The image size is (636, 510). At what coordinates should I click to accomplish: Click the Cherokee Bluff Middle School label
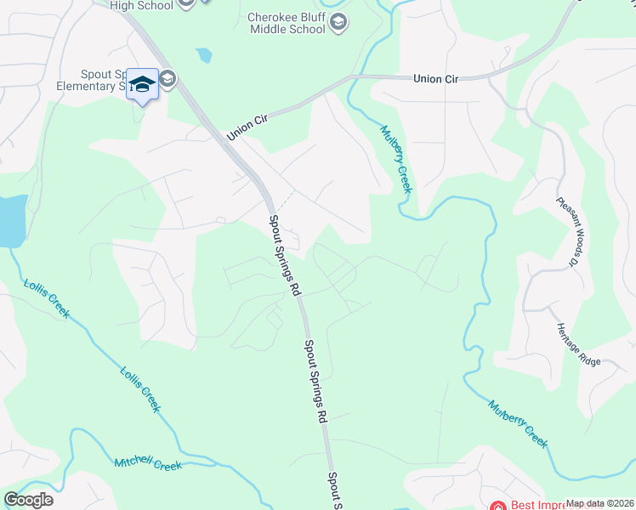click(x=287, y=23)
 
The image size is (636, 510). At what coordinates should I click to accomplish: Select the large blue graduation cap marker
click(x=143, y=84)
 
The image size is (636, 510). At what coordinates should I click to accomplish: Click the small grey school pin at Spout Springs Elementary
click(x=168, y=80)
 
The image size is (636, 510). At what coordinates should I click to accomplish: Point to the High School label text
click(x=141, y=5)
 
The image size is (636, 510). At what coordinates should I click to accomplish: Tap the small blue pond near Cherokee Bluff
click(x=203, y=56)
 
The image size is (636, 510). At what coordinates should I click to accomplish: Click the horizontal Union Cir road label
click(x=435, y=78)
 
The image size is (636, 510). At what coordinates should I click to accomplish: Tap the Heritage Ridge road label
click(x=579, y=343)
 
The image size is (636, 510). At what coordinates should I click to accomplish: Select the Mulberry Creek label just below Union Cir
click(x=395, y=159)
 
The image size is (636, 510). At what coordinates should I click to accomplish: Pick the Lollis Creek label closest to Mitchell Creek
click(x=139, y=389)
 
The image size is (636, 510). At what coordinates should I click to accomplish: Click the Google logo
click(x=28, y=500)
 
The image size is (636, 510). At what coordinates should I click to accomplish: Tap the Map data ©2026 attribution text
click(x=599, y=503)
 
